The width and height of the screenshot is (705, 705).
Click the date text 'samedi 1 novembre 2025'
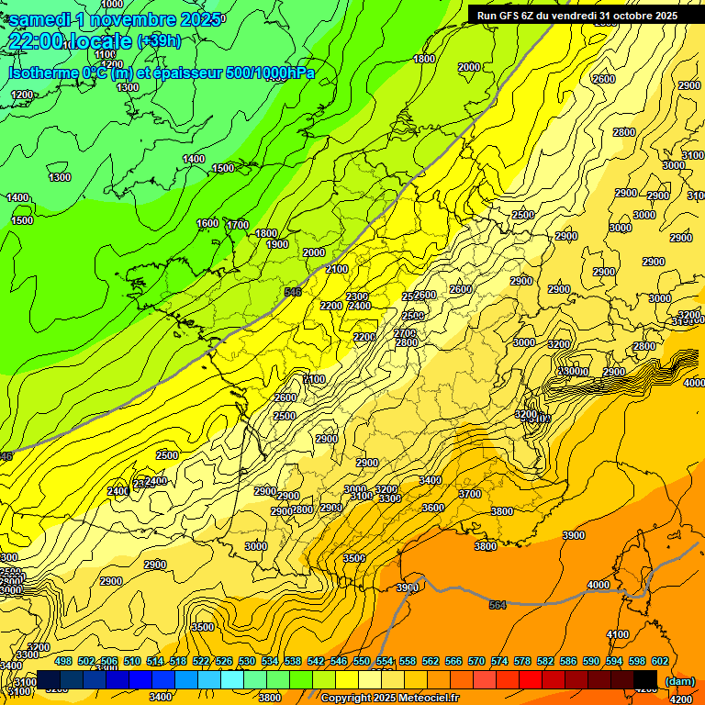point(114,18)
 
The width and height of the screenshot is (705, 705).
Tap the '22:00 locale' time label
point(70,41)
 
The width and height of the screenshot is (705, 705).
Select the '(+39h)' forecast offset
point(159,41)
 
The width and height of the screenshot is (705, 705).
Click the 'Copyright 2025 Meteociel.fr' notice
point(390,698)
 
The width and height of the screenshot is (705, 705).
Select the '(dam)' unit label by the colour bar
point(679,680)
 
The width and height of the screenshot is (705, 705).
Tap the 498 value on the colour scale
point(63,661)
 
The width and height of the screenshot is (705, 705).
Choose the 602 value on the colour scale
point(660,661)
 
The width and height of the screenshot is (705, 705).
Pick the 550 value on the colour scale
point(362,661)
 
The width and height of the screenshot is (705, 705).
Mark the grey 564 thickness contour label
point(498,605)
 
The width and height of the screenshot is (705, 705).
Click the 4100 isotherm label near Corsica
point(618,634)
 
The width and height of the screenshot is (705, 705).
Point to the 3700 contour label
point(469,494)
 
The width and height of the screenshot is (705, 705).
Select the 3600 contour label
point(432,508)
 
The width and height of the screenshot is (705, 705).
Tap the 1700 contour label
point(238,225)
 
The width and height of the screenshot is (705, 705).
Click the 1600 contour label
point(207,223)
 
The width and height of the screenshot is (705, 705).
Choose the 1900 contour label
point(277,244)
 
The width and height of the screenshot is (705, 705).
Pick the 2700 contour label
point(405,332)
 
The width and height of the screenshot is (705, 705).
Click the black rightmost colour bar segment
point(645,679)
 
